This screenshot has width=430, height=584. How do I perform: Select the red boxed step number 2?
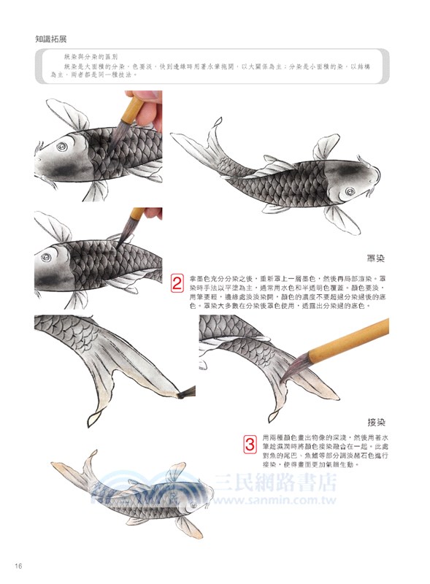[x=177, y=283]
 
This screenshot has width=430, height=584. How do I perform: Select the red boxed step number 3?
[x=249, y=442]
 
